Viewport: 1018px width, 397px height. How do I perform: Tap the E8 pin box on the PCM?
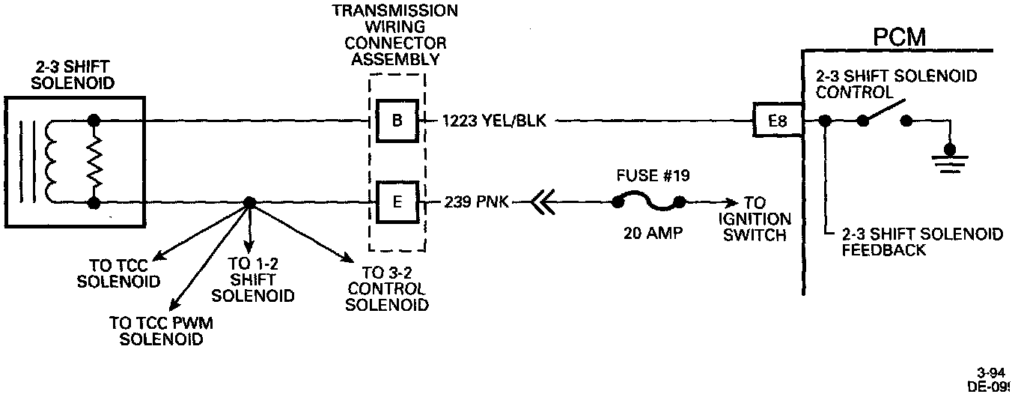click(x=777, y=120)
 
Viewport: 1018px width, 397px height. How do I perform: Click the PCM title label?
click(x=899, y=37)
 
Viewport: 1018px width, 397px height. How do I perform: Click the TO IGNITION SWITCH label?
click(x=755, y=219)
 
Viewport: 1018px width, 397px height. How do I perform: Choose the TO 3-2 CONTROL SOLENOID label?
click(x=388, y=289)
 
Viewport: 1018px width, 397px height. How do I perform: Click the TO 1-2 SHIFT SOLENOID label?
click(x=252, y=279)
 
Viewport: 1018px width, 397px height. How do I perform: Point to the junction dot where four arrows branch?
click(x=249, y=202)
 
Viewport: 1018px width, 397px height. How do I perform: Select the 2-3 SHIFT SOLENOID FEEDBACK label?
click(x=921, y=243)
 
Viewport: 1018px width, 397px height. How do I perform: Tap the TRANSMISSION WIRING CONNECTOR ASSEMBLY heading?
click(x=395, y=35)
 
